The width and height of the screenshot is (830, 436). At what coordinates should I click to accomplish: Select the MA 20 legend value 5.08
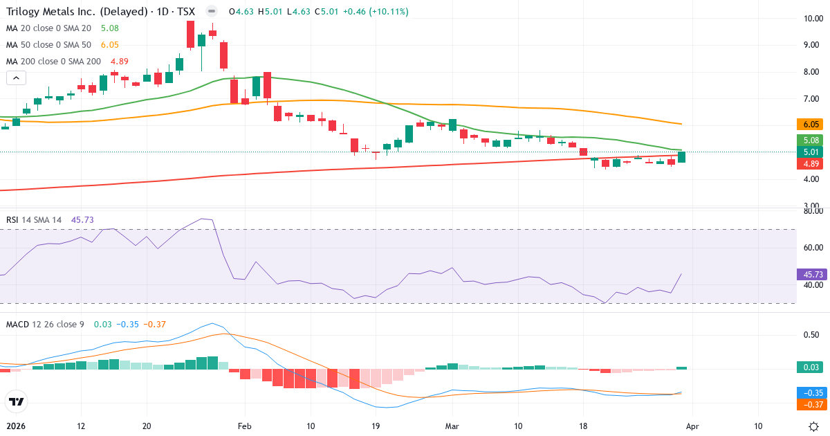tap(109, 28)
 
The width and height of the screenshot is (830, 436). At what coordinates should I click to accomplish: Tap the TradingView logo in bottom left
tap(17, 401)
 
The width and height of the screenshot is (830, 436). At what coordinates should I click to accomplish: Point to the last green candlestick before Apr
tap(681, 157)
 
